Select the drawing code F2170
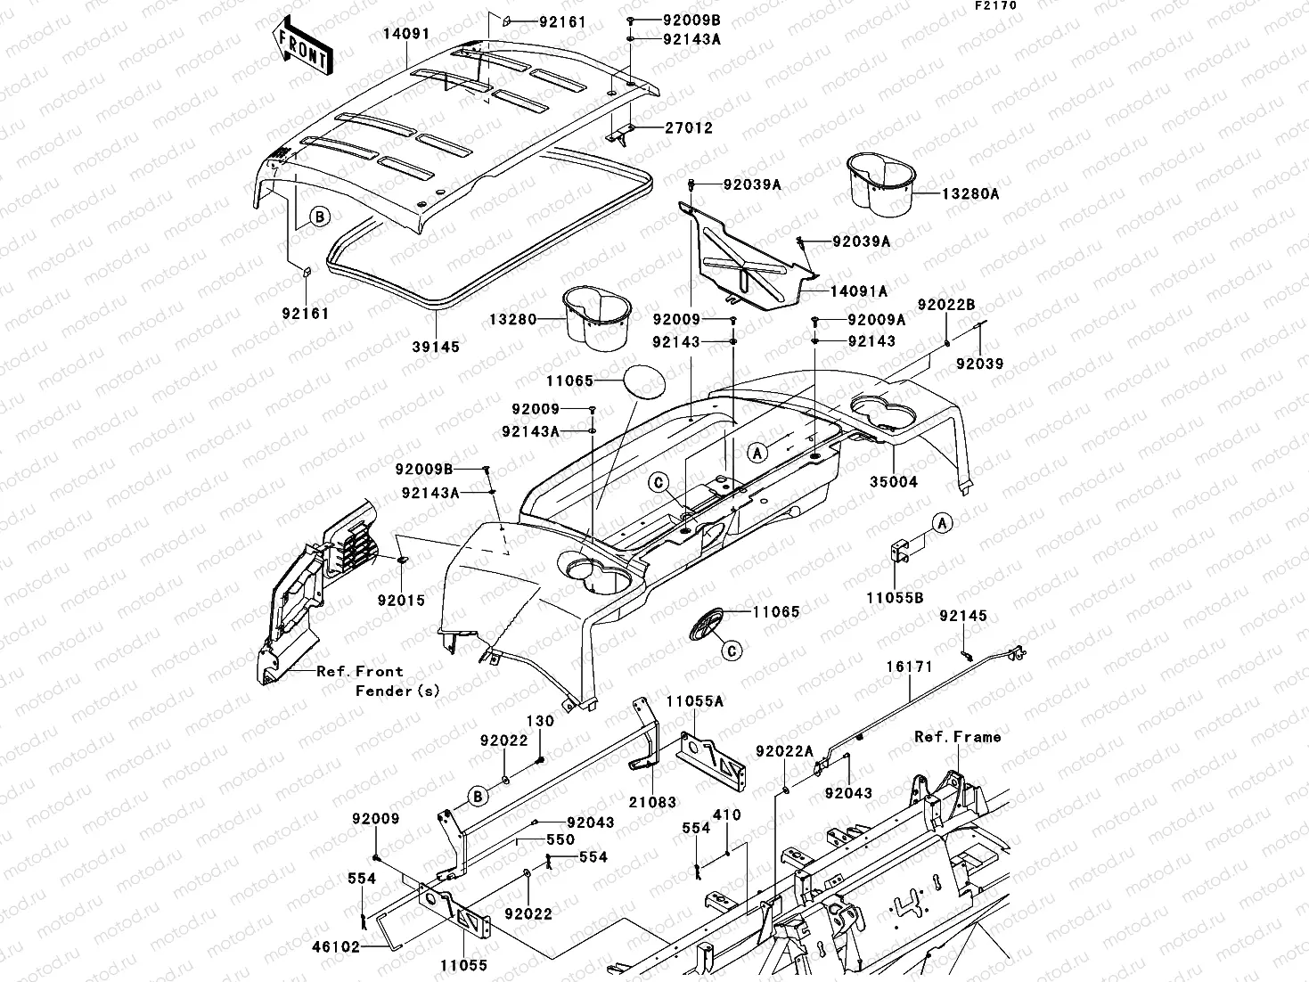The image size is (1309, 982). [x=994, y=5]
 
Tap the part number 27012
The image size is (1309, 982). [x=689, y=128]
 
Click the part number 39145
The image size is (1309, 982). [x=436, y=348]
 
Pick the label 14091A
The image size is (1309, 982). [x=859, y=291]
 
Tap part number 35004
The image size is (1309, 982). [x=894, y=482]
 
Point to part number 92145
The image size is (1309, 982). [x=963, y=616]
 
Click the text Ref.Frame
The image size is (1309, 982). [x=957, y=737]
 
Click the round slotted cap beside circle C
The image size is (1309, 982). [x=708, y=624]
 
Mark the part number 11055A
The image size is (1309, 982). [x=695, y=701]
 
